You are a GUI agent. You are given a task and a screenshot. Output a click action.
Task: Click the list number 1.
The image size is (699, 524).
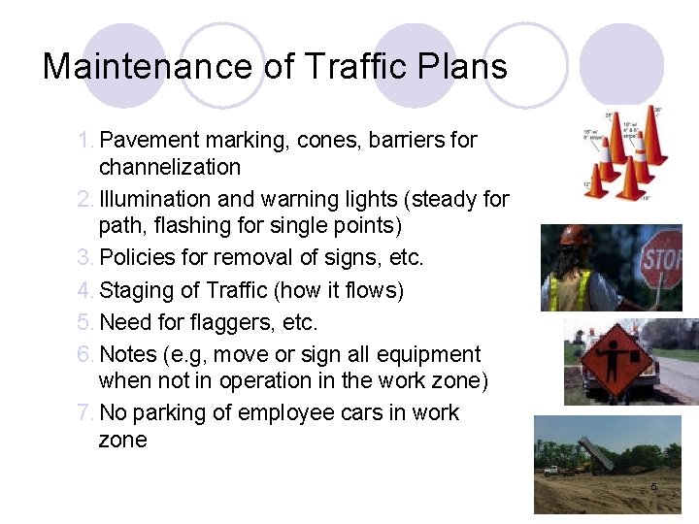[85, 140]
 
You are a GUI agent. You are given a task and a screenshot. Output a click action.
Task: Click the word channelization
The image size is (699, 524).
[170, 167]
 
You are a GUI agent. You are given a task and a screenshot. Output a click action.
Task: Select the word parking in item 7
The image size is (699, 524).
[176, 413]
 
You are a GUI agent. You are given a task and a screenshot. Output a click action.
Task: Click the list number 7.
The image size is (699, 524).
[85, 413]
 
